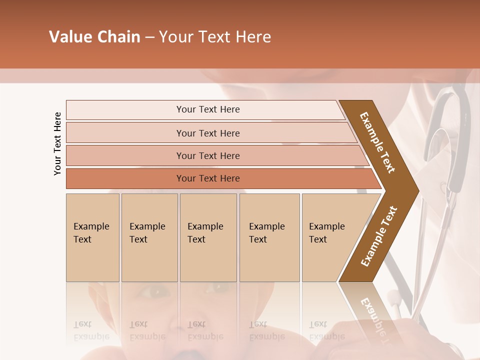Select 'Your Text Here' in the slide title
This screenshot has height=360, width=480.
tap(215, 37)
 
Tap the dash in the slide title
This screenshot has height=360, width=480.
tap(149, 37)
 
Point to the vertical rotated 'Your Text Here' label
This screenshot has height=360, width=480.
tap(57, 143)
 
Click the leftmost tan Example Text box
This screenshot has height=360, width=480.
tap(92, 237)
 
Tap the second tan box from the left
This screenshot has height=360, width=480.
tap(149, 237)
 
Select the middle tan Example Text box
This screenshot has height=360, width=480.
tap(208, 237)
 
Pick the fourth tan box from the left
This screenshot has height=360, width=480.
tap(269, 237)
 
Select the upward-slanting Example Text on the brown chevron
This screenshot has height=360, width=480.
tap(379, 236)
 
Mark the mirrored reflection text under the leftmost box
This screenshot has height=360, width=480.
tap(91, 330)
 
